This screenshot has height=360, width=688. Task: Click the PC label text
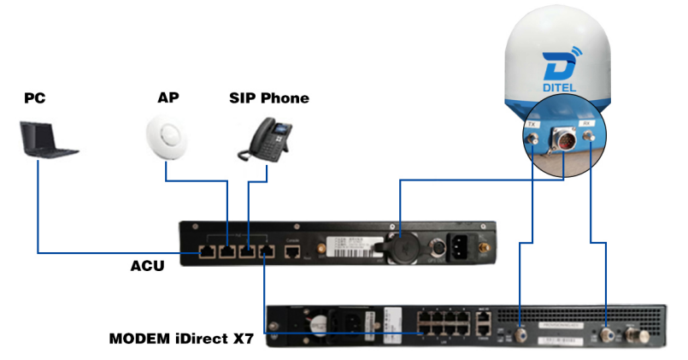tap(35, 99)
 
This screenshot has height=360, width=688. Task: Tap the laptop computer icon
tap(48, 140)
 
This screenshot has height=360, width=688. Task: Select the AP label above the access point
tap(168, 98)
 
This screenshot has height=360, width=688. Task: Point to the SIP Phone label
tap(268, 98)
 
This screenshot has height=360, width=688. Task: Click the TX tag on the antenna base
tap(532, 125)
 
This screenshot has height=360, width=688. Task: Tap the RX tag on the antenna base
tap(588, 125)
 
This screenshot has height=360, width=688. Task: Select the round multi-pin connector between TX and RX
tap(562, 139)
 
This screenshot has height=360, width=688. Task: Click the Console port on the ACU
tap(292, 252)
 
